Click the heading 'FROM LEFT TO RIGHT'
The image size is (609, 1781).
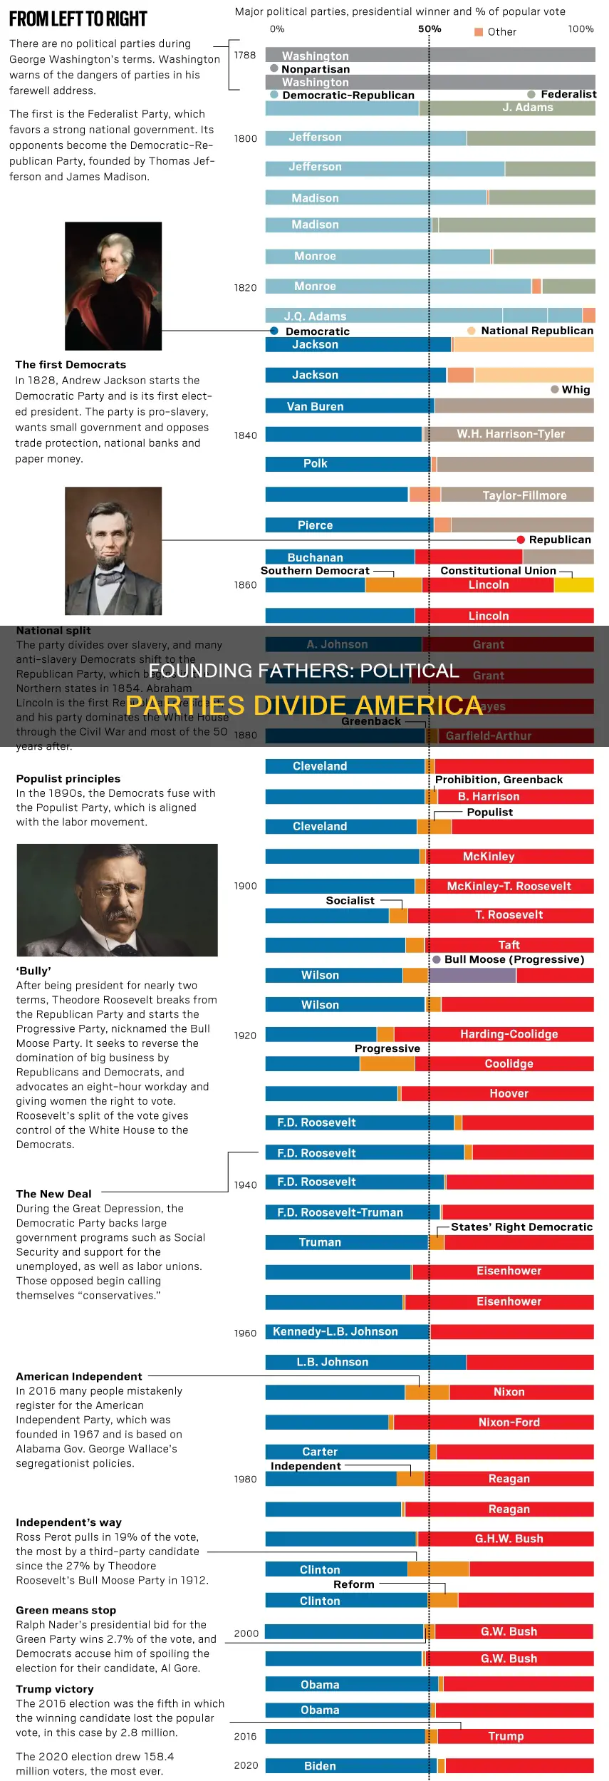[x=78, y=19]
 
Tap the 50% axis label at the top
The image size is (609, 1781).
[x=430, y=29]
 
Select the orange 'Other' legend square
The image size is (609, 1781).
[x=479, y=32]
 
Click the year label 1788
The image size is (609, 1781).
[x=245, y=56]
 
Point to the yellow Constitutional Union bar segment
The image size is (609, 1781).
[x=573, y=585]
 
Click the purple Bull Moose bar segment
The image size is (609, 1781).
[x=473, y=975]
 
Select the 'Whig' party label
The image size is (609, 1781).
[x=576, y=390]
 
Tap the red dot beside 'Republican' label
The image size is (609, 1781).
[x=521, y=540]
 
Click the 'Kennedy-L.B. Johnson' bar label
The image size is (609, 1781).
[x=335, y=1331]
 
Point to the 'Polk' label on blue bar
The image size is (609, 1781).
[x=316, y=464]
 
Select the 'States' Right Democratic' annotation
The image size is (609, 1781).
[x=521, y=1227]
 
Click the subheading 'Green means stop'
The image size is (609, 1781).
[x=66, y=1610]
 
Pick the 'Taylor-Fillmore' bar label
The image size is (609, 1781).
[x=524, y=495]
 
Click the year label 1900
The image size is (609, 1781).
[x=245, y=886]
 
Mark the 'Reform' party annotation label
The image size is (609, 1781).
[x=353, y=1584]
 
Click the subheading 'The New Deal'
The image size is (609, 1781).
[x=53, y=1194]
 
